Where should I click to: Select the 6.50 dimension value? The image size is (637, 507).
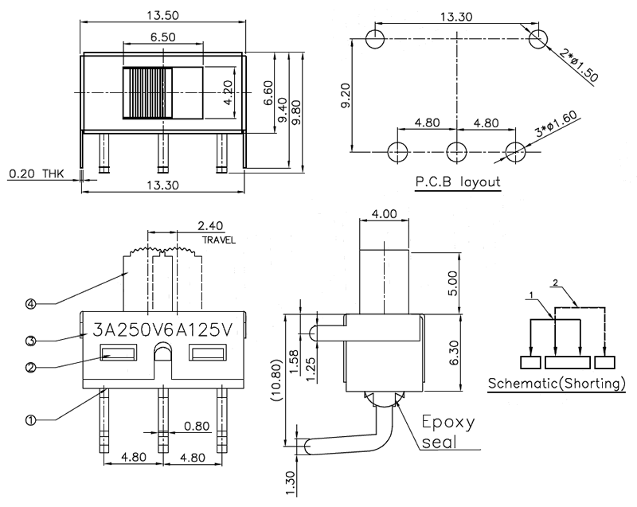[x=162, y=37]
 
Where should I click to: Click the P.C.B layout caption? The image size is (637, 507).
[x=458, y=182]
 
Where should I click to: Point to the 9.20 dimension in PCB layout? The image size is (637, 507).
[x=345, y=94]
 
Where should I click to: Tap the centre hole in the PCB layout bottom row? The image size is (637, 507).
[x=457, y=150]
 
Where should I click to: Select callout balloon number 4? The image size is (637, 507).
[x=29, y=302]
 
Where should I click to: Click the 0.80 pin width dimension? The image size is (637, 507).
[x=197, y=427]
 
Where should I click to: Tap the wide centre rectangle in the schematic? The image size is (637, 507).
[x=567, y=363]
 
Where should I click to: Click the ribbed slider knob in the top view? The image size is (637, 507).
[x=147, y=93]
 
